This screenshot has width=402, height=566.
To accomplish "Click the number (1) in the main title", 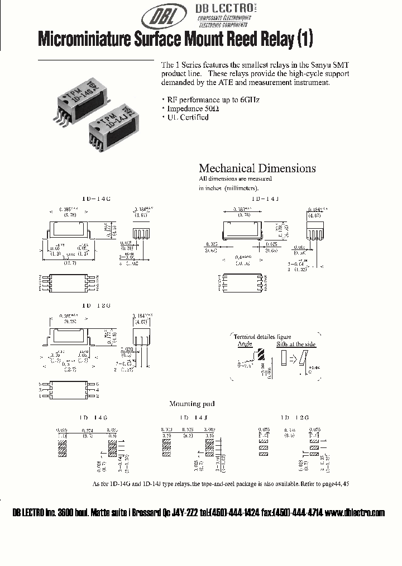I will [303, 39].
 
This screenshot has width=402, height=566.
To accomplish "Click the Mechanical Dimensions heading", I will [257, 168].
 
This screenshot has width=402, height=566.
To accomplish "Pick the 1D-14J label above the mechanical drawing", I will [264, 199].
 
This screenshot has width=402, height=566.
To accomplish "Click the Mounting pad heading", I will [192, 403].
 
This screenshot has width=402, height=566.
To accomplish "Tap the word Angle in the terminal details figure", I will [245, 344].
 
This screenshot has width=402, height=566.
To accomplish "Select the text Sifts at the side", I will [296, 344].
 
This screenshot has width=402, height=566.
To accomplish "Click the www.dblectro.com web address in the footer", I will [355, 513].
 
